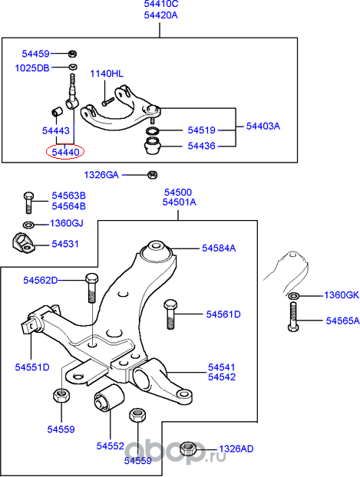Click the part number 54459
click(34, 54)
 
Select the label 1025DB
click(33, 68)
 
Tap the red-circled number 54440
click(64, 152)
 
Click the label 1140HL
click(107, 74)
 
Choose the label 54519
click(197, 131)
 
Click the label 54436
click(197, 146)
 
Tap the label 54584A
click(219, 248)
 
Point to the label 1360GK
click(341, 295)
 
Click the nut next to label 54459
click(71, 54)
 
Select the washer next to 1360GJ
click(28, 224)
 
